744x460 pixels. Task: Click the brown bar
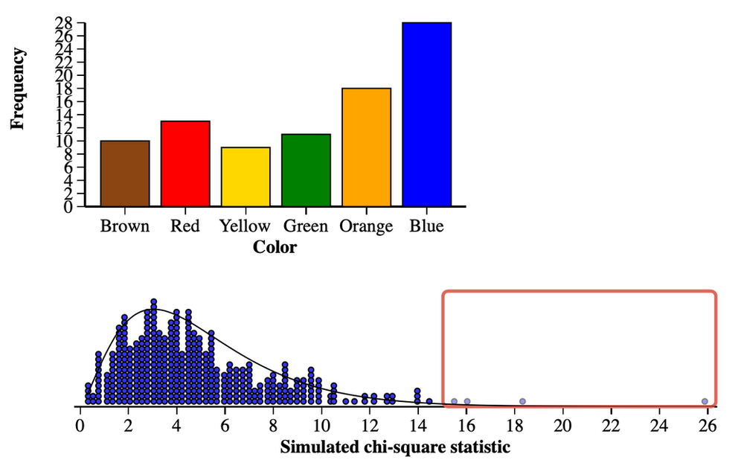pyautogui.click(x=125, y=173)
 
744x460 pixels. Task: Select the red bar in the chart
pyautogui.click(x=185, y=163)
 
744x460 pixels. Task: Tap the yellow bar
pyautogui.click(x=246, y=176)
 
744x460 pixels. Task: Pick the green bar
pyautogui.click(x=306, y=170)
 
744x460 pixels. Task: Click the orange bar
pyautogui.click(x=366, y=147)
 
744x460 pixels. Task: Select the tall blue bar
pyautogui.click(x=427, y=114)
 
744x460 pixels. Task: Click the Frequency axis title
pyautogui.click(x=19, y=89)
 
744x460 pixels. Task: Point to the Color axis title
pyautogui.click(x=275, y=247)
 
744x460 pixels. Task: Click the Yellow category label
pyautogui.click(x=245, y=226)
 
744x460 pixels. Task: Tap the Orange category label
pyautogui.click(x=366, y=226)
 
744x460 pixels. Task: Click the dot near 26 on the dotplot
pyautogui.click(x=705, y=401)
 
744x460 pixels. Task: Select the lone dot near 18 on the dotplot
pyautogui.click(x=522, y=401)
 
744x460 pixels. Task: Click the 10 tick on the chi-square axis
pyautogui.click(x=321, y=427)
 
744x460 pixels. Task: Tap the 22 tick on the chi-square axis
pyautogui.click(x=612, y=427)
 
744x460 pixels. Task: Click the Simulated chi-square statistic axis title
pyautogui.click(x=395, y=447)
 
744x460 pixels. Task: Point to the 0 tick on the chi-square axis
pyautogui.click(x=80, y=427)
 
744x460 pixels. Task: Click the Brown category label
pyautogui.click(x=125, y=226)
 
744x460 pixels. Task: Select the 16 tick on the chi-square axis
pyautogui.click(x=466, y=427)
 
